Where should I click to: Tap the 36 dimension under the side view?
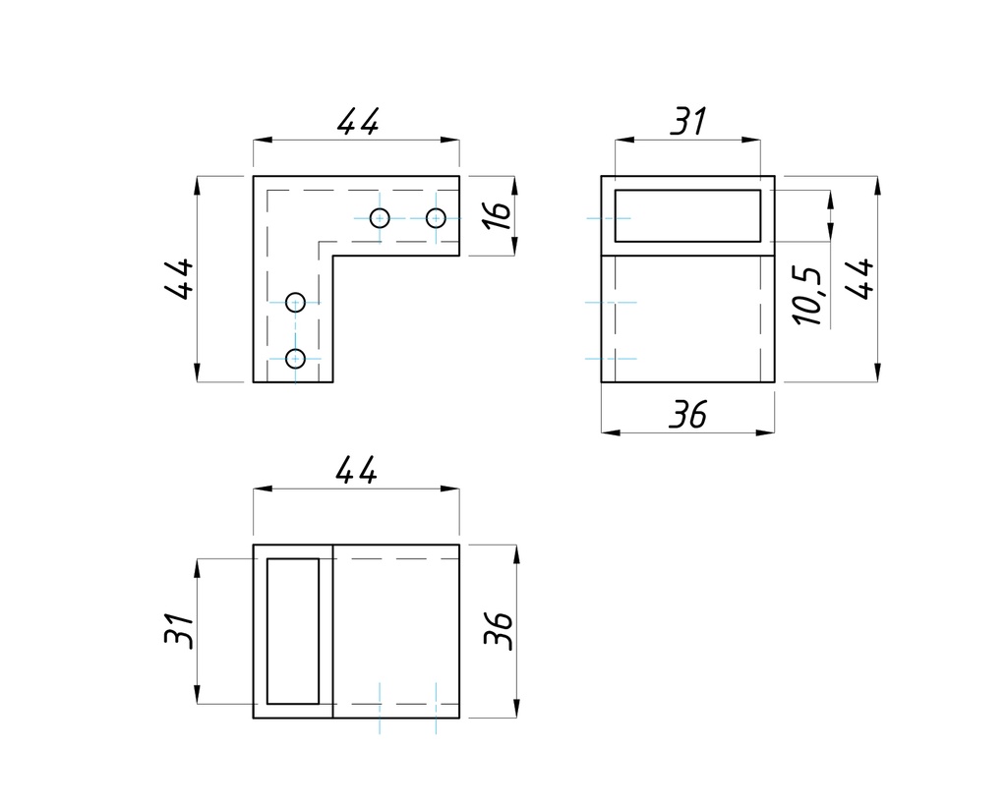click(x=687, y=416)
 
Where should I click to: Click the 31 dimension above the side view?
click(x=688, y=123)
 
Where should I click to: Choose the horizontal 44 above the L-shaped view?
click(x=357, y=123)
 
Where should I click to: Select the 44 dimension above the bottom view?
click(x=356, y=472)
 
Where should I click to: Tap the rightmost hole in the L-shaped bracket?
click(x=436, y=217)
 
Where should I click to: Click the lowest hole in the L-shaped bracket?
click(x=295, y=358)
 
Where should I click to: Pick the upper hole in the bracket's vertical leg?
click(x=295, y=301)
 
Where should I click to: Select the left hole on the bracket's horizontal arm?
click(x=381, y=217)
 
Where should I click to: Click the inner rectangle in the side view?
click(x=687, y=215)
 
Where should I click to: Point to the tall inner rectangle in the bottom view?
click(x=293, y=631)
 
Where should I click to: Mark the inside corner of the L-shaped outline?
click(x=333, y=257)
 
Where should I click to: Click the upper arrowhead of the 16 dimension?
click(x=514, y=184)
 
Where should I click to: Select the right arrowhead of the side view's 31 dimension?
click(x=753, y=141)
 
